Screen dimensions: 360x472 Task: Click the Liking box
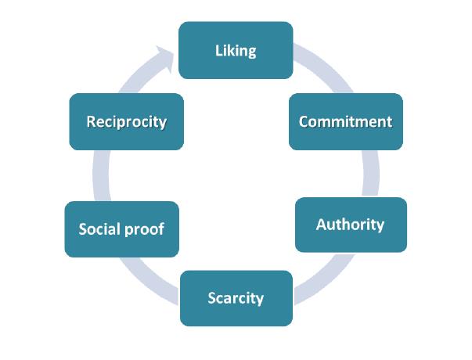coord(236,50)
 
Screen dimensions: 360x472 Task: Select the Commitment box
coord(345,121)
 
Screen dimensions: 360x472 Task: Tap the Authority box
coord(350,225)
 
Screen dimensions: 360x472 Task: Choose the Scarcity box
coord(236,297)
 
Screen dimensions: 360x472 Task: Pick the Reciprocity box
coord(126,121)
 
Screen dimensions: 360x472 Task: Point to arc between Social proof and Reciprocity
coord(99,175)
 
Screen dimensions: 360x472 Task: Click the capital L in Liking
coord(219,51)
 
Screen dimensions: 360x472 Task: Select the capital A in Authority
coord(321,225)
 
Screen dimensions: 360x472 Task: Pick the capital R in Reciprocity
coord(91,121)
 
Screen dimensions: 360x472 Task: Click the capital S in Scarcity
coord(212,297)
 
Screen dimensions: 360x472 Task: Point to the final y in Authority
coord(380,226)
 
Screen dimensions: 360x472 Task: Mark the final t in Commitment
coord(388,121)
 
